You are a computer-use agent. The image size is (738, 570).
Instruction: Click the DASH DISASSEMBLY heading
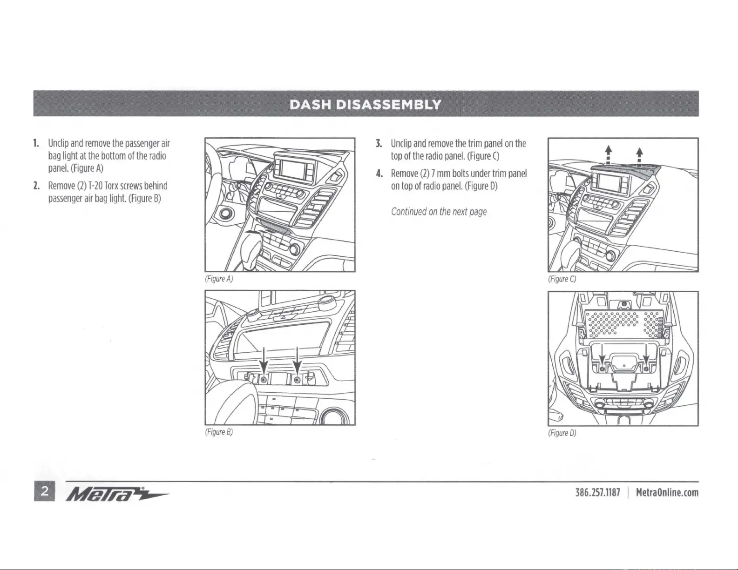point(366,104)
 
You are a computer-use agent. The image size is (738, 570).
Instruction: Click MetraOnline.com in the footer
point(667,492)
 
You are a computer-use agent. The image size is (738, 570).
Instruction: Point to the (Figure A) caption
point(218,279)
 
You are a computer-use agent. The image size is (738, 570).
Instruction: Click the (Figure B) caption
point(218,432)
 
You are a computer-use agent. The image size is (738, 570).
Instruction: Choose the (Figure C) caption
point(562,279)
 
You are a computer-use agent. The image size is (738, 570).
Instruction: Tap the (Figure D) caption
point(562,433)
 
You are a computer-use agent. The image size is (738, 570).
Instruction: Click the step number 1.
point(36,143)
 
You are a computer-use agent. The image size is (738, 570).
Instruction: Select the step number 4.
point(379,174)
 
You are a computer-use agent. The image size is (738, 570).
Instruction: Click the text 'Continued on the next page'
point(439,212)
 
